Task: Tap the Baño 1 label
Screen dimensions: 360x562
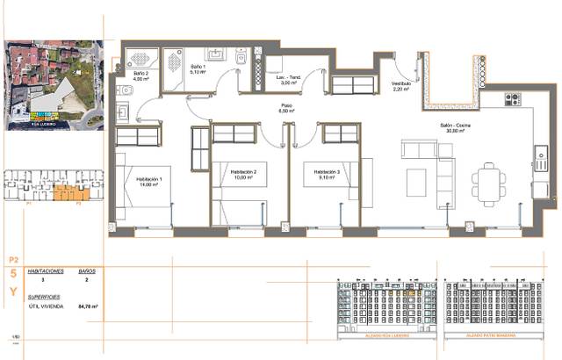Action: pos(198,68)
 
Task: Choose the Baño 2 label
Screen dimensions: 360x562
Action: pos(140,76)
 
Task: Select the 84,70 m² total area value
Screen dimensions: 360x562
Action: pos(88,306)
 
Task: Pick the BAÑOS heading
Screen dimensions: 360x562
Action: pos(87,272)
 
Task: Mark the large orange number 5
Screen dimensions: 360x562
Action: pos(12,275)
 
